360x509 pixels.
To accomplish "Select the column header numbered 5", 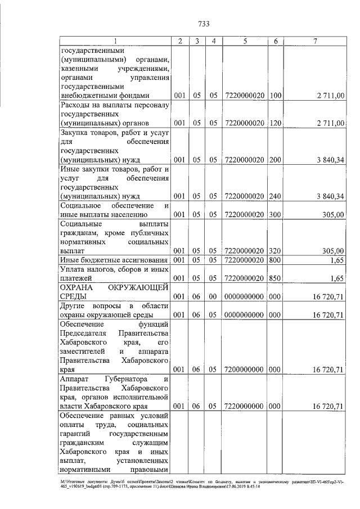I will pyautogui.click(x=245, y=41).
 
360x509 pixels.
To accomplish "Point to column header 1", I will pyautogui.click(x=116, y=41).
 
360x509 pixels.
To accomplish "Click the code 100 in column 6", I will pyautogui.click(x=276, y=96).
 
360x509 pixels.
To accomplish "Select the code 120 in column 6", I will pyautogui.click(x=276, y=123).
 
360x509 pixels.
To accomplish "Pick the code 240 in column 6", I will pyautogui.click(x=276, y=196).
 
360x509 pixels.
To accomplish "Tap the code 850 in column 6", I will pyautogui.click(x=276, y=278).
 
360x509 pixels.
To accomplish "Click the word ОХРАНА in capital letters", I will pyautogui.click(x=76, y=287).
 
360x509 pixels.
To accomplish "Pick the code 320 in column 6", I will pyautogui.click(x=276, y=250).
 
